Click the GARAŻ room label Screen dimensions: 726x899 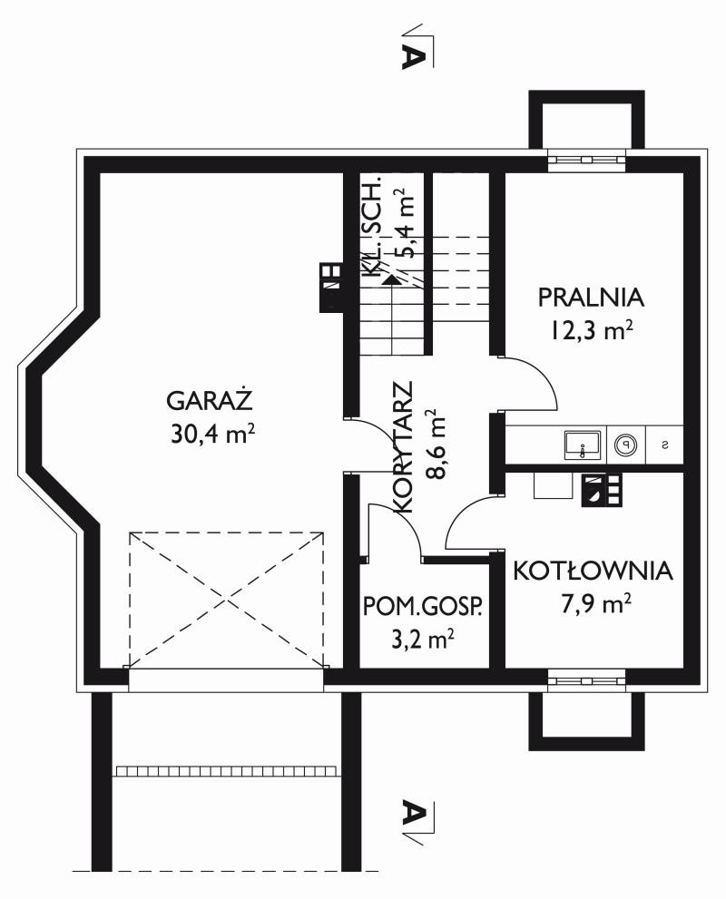(x=209, y=400)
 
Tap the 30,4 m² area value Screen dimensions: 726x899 (x=212, y=434)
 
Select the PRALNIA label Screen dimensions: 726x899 (x=592, y=298)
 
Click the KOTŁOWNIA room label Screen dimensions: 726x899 (x=593, y=571)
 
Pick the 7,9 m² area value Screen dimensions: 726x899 (x=596, y=604)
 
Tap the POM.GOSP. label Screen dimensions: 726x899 (x=423, y=606)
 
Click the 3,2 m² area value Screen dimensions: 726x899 (x=423, y=640)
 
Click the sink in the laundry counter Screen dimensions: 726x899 (x=582, y=445)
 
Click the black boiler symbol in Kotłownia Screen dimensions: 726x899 (x=602, y=490)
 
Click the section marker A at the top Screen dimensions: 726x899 (x=414, y=55)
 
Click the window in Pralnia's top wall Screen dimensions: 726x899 (x=586, y=160)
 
